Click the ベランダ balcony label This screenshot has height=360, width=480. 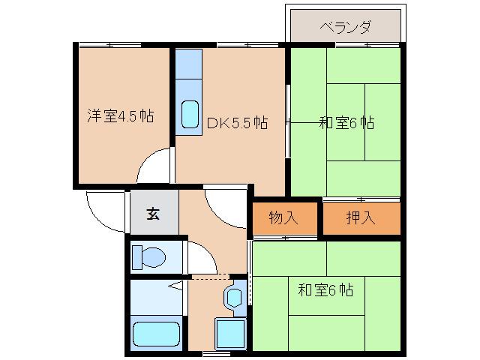pos(345,28)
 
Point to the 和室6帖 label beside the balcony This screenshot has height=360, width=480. pos(346,122)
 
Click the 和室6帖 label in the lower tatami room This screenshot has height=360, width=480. pos(325,289)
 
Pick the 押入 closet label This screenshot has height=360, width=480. pos(361,218)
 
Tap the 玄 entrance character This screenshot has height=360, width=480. pos(153,214)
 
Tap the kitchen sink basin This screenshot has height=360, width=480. pos(190,115)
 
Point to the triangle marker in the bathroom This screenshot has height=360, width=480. pos(177,285)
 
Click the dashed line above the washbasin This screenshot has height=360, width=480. pos(217,277)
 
